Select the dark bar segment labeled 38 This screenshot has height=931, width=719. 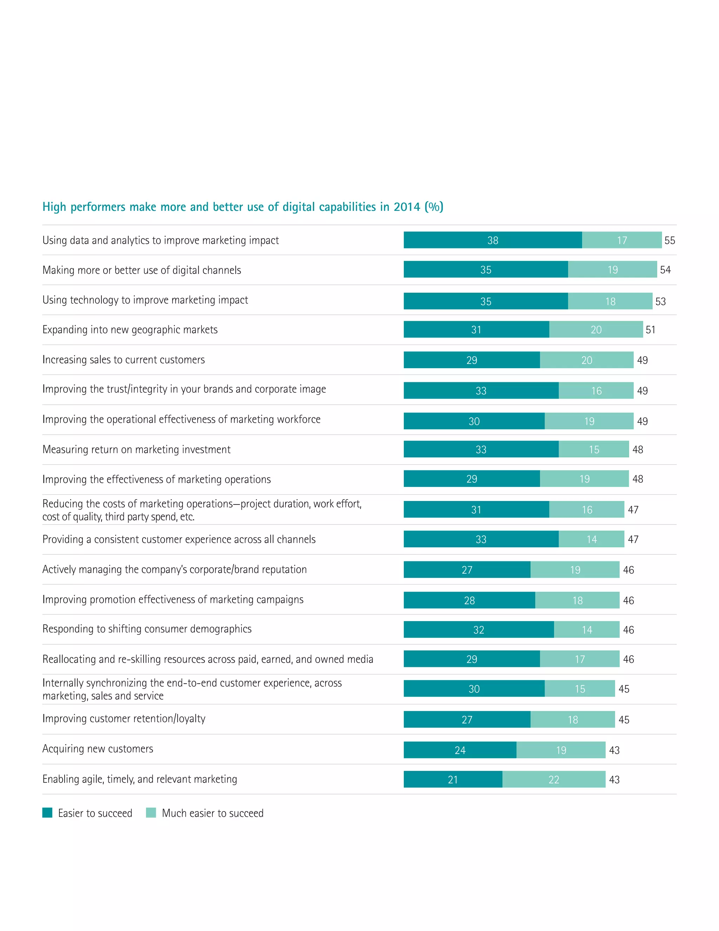click(493, 240)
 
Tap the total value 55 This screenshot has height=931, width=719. click(669, 240)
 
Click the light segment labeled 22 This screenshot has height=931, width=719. click(553, 779)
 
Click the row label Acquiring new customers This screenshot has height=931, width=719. click(98, 749)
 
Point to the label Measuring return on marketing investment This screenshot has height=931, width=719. click(136, 449)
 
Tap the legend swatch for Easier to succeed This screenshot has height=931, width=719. click(47, 813)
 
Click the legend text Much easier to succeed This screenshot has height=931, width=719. click(212, 813)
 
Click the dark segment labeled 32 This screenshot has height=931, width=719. click(479, 630)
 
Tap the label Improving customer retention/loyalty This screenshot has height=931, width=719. click(124, 719)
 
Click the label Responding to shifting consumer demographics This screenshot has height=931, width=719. click(147, 629)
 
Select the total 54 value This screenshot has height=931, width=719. click(665, 270)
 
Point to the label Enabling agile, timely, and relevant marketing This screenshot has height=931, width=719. click(140, 779)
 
